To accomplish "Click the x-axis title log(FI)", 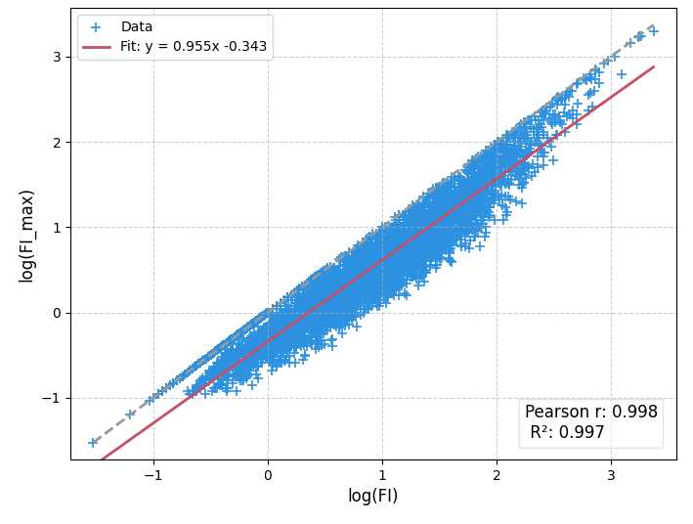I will [x=372, y=496].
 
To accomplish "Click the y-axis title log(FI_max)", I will [x=27, y=235].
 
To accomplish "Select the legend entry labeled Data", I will [x=137, y=27].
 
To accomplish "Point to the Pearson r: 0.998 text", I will [x=591, y=412].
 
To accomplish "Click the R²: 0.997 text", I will [x=567, y=432].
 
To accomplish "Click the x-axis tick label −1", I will [x=152, y=475].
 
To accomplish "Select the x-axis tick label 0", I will [x=268, y=475].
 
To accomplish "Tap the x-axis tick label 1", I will [x=382, y=475].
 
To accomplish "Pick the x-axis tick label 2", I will [x=497, y=475].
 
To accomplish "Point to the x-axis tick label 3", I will [x=611, y=475].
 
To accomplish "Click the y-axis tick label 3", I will [x=56, y=57].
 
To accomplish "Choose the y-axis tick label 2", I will [x=56, y=142].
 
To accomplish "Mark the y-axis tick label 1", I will [x=56, y=228].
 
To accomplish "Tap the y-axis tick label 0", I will [x=56, y=313].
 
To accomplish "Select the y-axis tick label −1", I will [x=51, y=398].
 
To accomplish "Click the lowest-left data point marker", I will [x=93, y=442].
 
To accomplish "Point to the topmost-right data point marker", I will [x=653, y=31].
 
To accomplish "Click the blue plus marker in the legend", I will [x=95, y=27].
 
